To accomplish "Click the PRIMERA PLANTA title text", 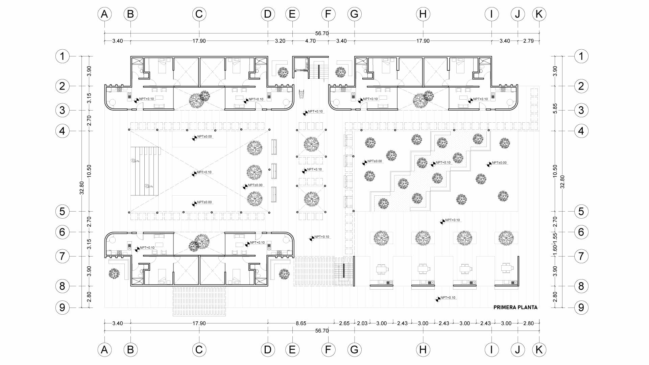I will tap(515, 308).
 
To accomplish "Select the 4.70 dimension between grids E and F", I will tap(310, 41).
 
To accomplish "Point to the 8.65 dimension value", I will tap(301, 323).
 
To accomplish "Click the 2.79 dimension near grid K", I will tap(528, 41).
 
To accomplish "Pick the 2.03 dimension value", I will tap(362, 323).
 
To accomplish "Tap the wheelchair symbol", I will tap(302, 93).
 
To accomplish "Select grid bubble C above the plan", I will tap(199, 14).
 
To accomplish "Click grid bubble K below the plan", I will tap(539, 350).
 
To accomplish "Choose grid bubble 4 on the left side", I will tap(62, 131).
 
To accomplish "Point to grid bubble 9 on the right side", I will tap(581, 308).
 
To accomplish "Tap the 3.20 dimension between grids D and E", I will tap(280, 41).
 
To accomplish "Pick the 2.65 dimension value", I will tap(344, 323).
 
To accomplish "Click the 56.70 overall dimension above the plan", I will tap(322, 33).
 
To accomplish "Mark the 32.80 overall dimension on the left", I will tap(81, 188).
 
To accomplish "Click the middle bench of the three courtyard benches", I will tap(274, 171).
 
